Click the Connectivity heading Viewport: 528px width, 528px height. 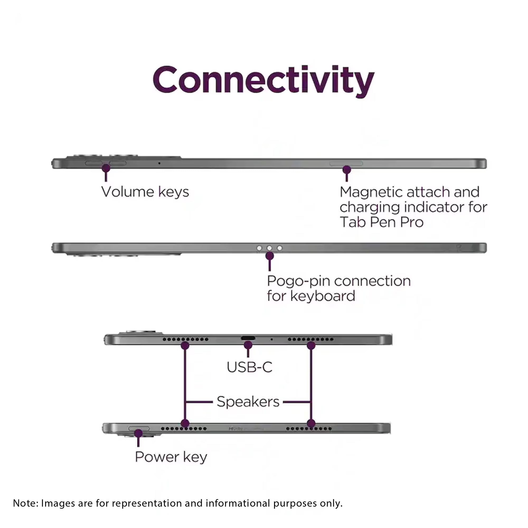[x=263, y=81]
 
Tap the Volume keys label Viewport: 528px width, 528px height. [x=145, y=192]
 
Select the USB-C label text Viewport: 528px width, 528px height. [x=249, y=367]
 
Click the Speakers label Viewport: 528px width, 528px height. [x=248, y=402]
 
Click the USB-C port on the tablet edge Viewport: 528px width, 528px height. [x=248, y=338]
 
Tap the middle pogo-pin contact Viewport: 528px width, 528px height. [x=270, y=248]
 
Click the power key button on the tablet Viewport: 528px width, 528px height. [x=139, y=428]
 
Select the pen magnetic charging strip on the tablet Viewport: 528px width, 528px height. [x=346, y=163]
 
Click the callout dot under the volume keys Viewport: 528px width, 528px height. [x=106, y=168]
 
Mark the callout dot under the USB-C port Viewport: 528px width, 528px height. [x=248, y=345]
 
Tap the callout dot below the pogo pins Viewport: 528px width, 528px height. [x=270, y=256]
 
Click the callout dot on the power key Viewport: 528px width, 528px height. [x=138, y=433]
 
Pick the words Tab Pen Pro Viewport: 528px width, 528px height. [x=381, y=222]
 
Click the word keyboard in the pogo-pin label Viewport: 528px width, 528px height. [x=323, y=296]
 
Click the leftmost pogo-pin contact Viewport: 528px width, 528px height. [x=259, y=248]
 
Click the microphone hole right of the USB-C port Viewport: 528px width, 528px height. [x=271, y=340]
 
